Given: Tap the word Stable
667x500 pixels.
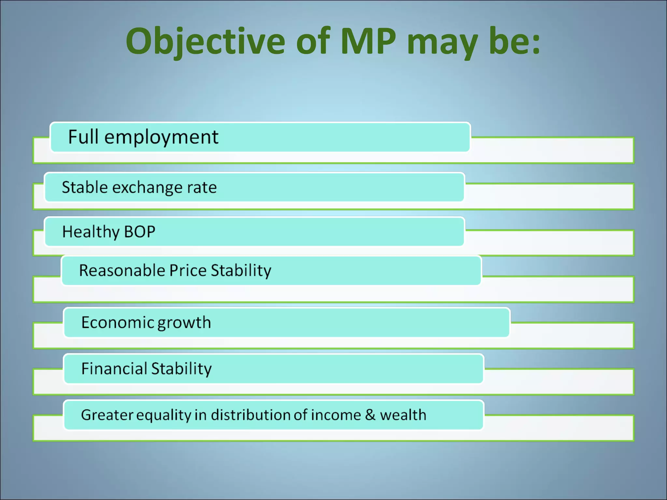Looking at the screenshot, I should click(85, 187).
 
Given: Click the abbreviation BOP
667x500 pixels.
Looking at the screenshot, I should click(140, 232).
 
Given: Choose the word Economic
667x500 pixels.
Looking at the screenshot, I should click(118, 323).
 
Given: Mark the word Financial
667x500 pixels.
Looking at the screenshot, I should click(114, 369).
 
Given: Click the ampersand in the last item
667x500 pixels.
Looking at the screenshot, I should click(370, 415).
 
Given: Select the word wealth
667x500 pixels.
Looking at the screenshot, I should click(403, 415).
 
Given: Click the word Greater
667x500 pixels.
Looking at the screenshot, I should click(107, 415).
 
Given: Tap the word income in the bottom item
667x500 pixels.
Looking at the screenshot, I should click(336, 415).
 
